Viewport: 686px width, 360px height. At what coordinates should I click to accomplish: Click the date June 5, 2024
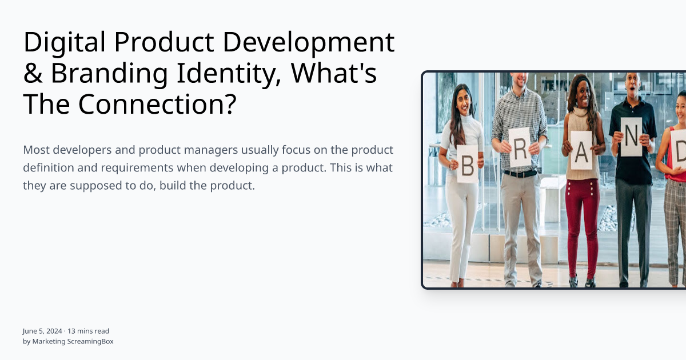pos(42,331)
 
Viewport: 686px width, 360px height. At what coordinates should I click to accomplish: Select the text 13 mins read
pos(89,331)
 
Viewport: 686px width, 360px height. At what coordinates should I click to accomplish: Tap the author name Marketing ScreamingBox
pos(73,341)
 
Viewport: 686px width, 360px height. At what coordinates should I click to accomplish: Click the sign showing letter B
pos(467,163)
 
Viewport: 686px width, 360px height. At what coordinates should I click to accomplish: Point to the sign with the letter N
pos(631,137)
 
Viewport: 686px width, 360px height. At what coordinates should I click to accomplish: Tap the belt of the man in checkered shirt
pos(520,174)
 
